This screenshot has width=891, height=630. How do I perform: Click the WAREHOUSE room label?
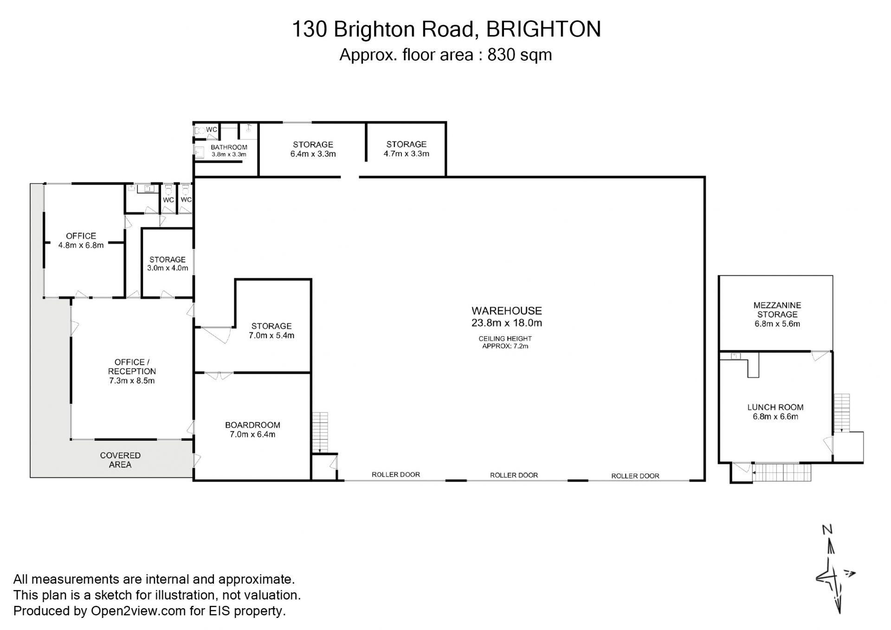506,311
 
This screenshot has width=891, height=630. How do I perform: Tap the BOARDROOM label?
252,425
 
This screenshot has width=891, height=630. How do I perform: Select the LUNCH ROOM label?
775,407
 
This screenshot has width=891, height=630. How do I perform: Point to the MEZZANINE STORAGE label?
777,310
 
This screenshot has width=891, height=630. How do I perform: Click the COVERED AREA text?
120,460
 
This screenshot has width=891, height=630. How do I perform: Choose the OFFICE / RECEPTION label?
132,367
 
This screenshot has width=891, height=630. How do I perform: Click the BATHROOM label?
229,147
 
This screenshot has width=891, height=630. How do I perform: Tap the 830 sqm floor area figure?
519,55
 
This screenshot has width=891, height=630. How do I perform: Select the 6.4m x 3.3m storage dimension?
313,154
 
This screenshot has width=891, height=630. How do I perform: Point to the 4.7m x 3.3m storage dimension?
407,154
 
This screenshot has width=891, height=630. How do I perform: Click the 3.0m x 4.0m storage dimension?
168,268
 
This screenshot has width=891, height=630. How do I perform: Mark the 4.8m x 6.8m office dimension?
81,245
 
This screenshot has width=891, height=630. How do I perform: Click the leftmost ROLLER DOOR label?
396,475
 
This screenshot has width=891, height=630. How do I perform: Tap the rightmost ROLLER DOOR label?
635,476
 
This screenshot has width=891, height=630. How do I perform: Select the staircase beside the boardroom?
320,433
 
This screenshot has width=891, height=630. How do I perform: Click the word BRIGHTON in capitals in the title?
543,29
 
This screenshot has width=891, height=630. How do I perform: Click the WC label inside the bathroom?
212,129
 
